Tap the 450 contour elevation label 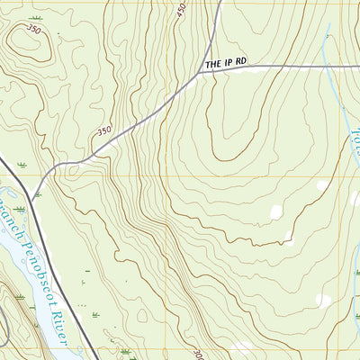coord(182,12)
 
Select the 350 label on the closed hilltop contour coord(33,30)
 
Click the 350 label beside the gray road coord(103,131)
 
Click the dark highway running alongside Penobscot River coord(54,270)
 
